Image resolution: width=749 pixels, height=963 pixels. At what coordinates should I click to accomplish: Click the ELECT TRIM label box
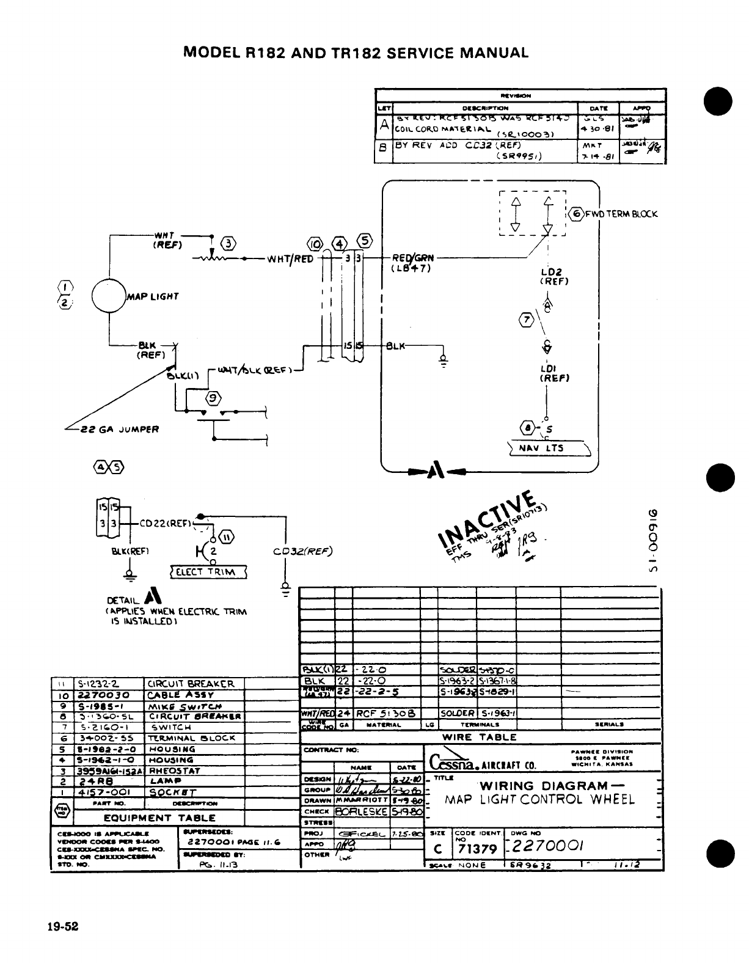click(x=208, y=572)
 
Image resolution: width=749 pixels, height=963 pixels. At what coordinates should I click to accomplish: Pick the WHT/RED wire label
click(x=290, y=258)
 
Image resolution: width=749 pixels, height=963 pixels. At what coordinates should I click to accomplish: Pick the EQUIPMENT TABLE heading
click(x=159, y=818)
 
